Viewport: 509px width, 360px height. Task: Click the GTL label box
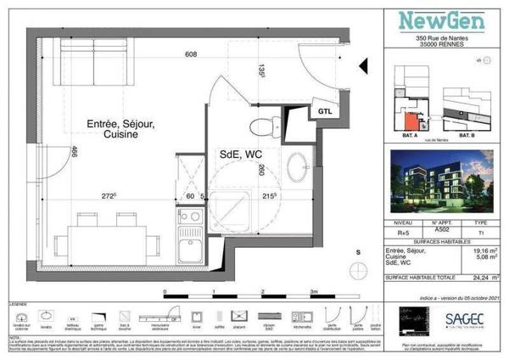pyautogui.click(x=323, y=111)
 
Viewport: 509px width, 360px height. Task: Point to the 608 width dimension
pyautogui.click(x=191, y=55)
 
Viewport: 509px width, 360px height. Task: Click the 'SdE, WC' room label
pyautogui.click(x=240, y=155)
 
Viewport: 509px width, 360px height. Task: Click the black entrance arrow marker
pyautogui.click(x=363, y=65)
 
